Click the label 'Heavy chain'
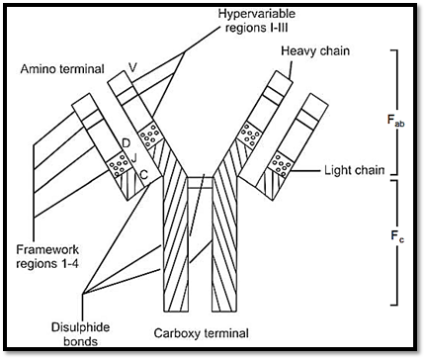315,51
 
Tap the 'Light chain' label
355,170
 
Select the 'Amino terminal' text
62,69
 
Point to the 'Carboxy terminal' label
202,333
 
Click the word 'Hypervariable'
257,14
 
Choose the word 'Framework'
47,249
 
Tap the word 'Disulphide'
80,327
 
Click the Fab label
395,121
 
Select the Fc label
397,236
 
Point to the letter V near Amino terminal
132,67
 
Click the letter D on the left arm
126,143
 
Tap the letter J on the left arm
134,159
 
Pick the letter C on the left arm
144,174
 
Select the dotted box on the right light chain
282,164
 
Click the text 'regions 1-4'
47,264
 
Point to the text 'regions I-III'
256,28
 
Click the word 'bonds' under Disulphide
80,341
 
